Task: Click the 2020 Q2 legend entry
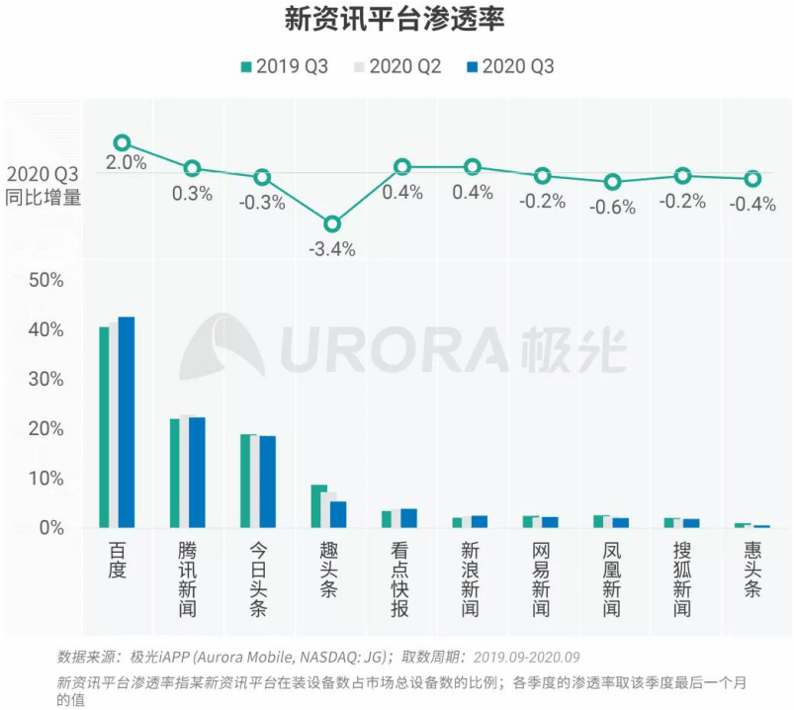coord(404,67)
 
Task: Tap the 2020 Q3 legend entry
coord(509,67)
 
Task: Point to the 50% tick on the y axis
coord(46,281)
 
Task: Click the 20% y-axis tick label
coord(46,429)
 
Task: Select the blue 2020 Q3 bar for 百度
coord(127,422)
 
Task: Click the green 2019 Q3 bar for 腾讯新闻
coord(174,473)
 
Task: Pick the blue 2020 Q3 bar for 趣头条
coord(338,514)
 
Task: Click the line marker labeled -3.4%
coord(332,224)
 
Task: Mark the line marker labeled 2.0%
coord(123,144)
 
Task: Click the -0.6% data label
coord(612,208)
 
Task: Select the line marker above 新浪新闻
coord(473,168)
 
